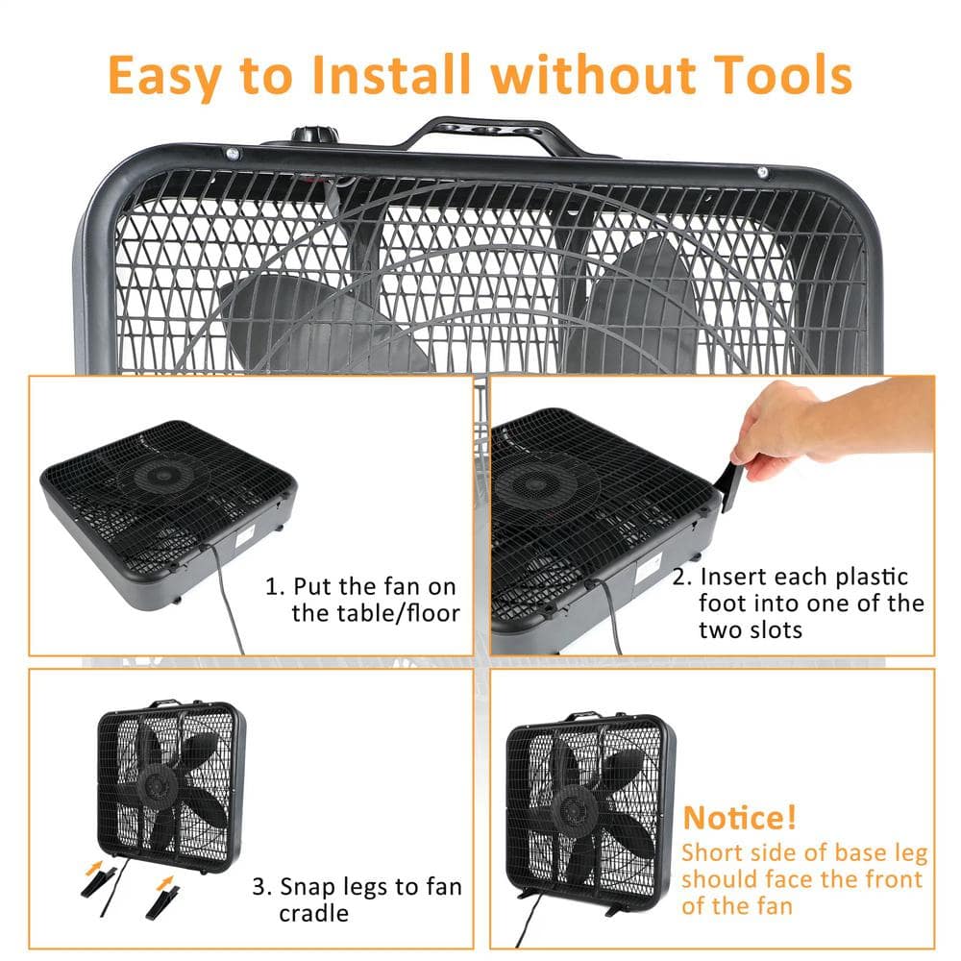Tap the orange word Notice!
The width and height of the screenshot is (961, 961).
pyautogui.click(x=739, y=818)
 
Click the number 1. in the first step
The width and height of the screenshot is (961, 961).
pyautogui.click(x=274, y=586)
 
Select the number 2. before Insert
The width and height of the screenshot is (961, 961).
pyautogui.click(x=681, y=578)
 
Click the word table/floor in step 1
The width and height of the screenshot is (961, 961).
pyautogui.click(x=376, y=613)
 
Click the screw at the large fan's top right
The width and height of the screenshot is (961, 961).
pyautogui.click(x=762, y=173)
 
